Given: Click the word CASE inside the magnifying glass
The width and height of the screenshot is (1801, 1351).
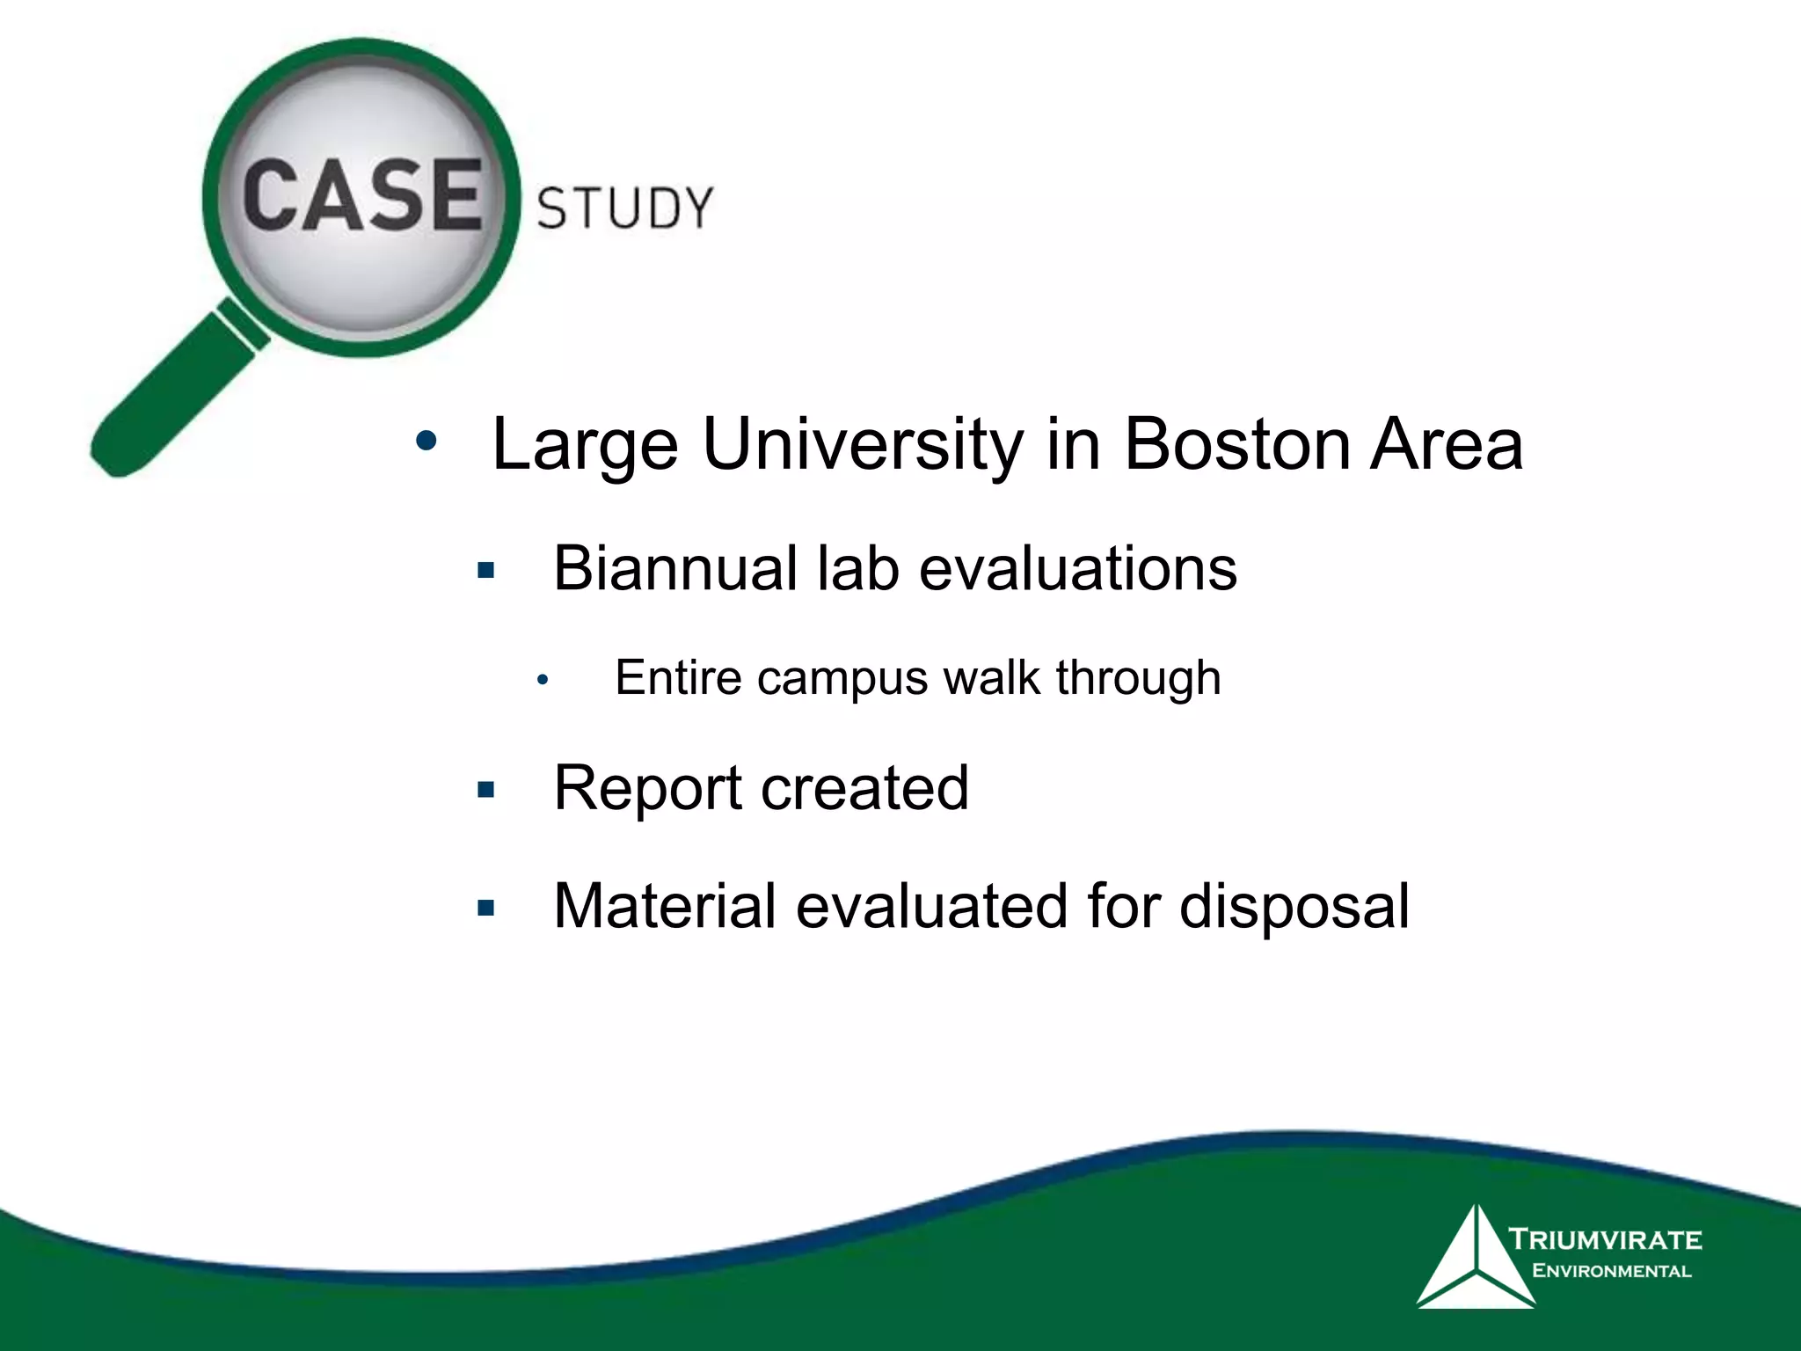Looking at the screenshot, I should click(362, 195).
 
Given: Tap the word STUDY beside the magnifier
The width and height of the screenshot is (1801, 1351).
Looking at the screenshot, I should click(624, 208).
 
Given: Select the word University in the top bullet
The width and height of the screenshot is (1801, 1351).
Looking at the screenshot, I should click(862, 444).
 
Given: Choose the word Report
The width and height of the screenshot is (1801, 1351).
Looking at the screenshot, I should click(647, 787).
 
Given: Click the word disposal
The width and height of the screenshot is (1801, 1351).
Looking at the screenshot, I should click(1294, 906).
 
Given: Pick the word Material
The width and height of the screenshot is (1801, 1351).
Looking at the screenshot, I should click(665, 906).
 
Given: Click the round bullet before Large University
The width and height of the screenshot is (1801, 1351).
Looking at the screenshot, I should click(427, 442).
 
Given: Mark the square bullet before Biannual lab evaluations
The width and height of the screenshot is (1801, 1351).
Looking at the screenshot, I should click(485, 572).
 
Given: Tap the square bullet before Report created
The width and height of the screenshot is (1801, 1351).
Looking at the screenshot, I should click(485, 790).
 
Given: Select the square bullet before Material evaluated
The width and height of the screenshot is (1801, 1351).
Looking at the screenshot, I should click(485, 908).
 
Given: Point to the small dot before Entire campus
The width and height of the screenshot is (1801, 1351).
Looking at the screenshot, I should click(543, 681).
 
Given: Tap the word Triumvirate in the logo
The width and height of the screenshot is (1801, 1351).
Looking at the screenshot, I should click(1606, 1240).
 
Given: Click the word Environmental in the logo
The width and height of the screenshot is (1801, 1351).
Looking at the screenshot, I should click(1611, 1271).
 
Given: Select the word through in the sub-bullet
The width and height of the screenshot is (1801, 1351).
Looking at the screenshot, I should click(1138, 678).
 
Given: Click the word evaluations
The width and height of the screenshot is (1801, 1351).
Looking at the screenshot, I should click(1077, 568).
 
